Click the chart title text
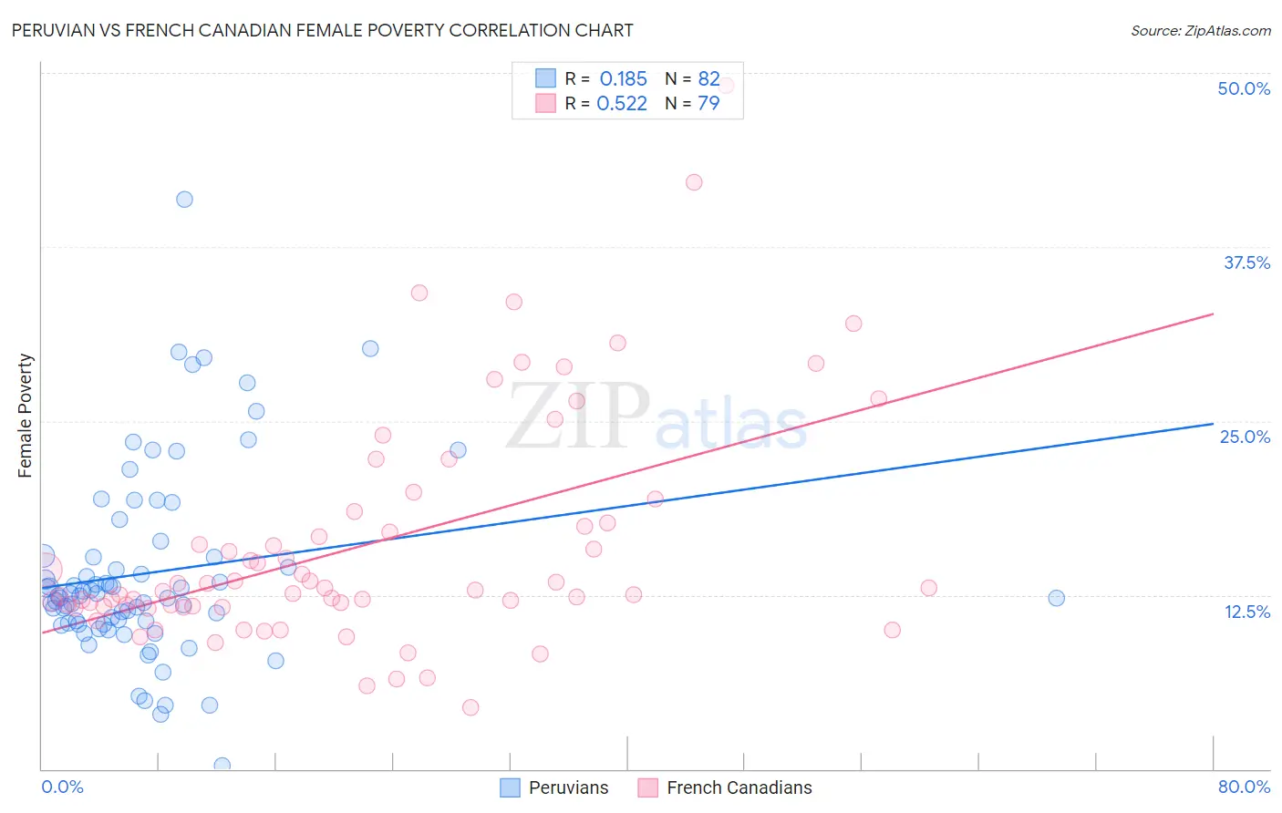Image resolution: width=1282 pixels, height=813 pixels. pyautogui.click(x=322, y=30)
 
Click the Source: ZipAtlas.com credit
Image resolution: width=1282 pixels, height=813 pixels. pyautogui.click(x=1200, y=30)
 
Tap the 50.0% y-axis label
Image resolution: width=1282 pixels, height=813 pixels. pyautogui.click(x=1243, y=88)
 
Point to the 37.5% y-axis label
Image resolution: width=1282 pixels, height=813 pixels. pyautogui.click(x=1246, y=262)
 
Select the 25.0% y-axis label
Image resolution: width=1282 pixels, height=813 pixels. pyautogui.click(x=1244, y=437)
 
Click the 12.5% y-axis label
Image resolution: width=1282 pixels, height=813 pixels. pyautogui.click(x=1246, y=611)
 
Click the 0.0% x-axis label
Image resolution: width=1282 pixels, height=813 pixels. pyautogui.click(x=62, y=787)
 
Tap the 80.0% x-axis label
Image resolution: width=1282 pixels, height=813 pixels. pyautogui.click(x=1243, y=787)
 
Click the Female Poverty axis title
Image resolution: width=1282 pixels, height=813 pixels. pyautogui.click(x=25, y=416)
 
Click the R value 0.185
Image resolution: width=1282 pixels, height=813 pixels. pyautogui.click(x=623, y=79)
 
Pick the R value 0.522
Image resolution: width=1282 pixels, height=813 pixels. pyautogui.click(x=622, y=104)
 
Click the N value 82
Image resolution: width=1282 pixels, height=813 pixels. pyautogui.click(x=708, y=79)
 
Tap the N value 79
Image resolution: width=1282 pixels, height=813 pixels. pyautogui.click(x=708, y=104)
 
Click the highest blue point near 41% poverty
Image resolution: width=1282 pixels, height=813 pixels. pyautogui.click(x=184, y=200)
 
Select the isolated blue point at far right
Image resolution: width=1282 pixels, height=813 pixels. pyautogui.click(x=1056, y=598)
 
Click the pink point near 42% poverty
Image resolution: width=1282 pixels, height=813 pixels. pyautogui.click(x=694, y=182)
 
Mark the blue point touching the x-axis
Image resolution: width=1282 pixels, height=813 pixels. pyautogui.click(x=222, y=765)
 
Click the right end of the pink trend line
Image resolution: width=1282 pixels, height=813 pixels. pyautogui.click(x=1213, y=314)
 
